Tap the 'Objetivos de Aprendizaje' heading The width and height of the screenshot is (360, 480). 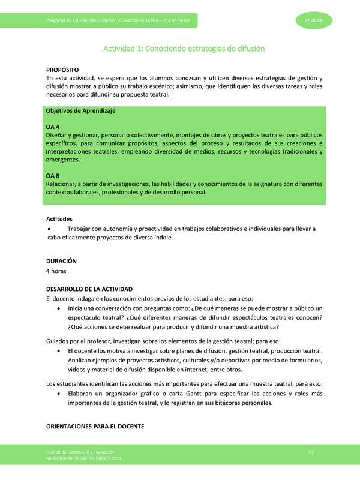(x=81, y=112)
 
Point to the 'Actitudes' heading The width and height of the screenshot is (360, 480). (x=62, y=220)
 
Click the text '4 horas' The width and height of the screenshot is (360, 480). (x=58, y=271)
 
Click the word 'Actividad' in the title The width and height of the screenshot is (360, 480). (x=121, y=48)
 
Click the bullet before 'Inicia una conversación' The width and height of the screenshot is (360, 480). (x=58, y=308)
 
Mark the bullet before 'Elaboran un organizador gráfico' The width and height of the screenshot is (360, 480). (x=58, y=394)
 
